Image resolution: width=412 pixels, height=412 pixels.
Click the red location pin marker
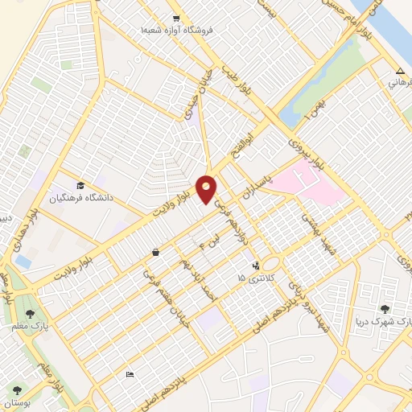[206, 188]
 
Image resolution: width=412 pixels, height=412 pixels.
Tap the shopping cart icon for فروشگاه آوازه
[176, 18]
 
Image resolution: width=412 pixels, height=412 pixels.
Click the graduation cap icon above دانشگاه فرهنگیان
[80, 185]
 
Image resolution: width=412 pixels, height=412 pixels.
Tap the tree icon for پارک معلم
[30, 313]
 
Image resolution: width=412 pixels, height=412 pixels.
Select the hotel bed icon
[130, 374]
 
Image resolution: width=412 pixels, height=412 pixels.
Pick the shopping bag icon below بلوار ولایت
[154, 252]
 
